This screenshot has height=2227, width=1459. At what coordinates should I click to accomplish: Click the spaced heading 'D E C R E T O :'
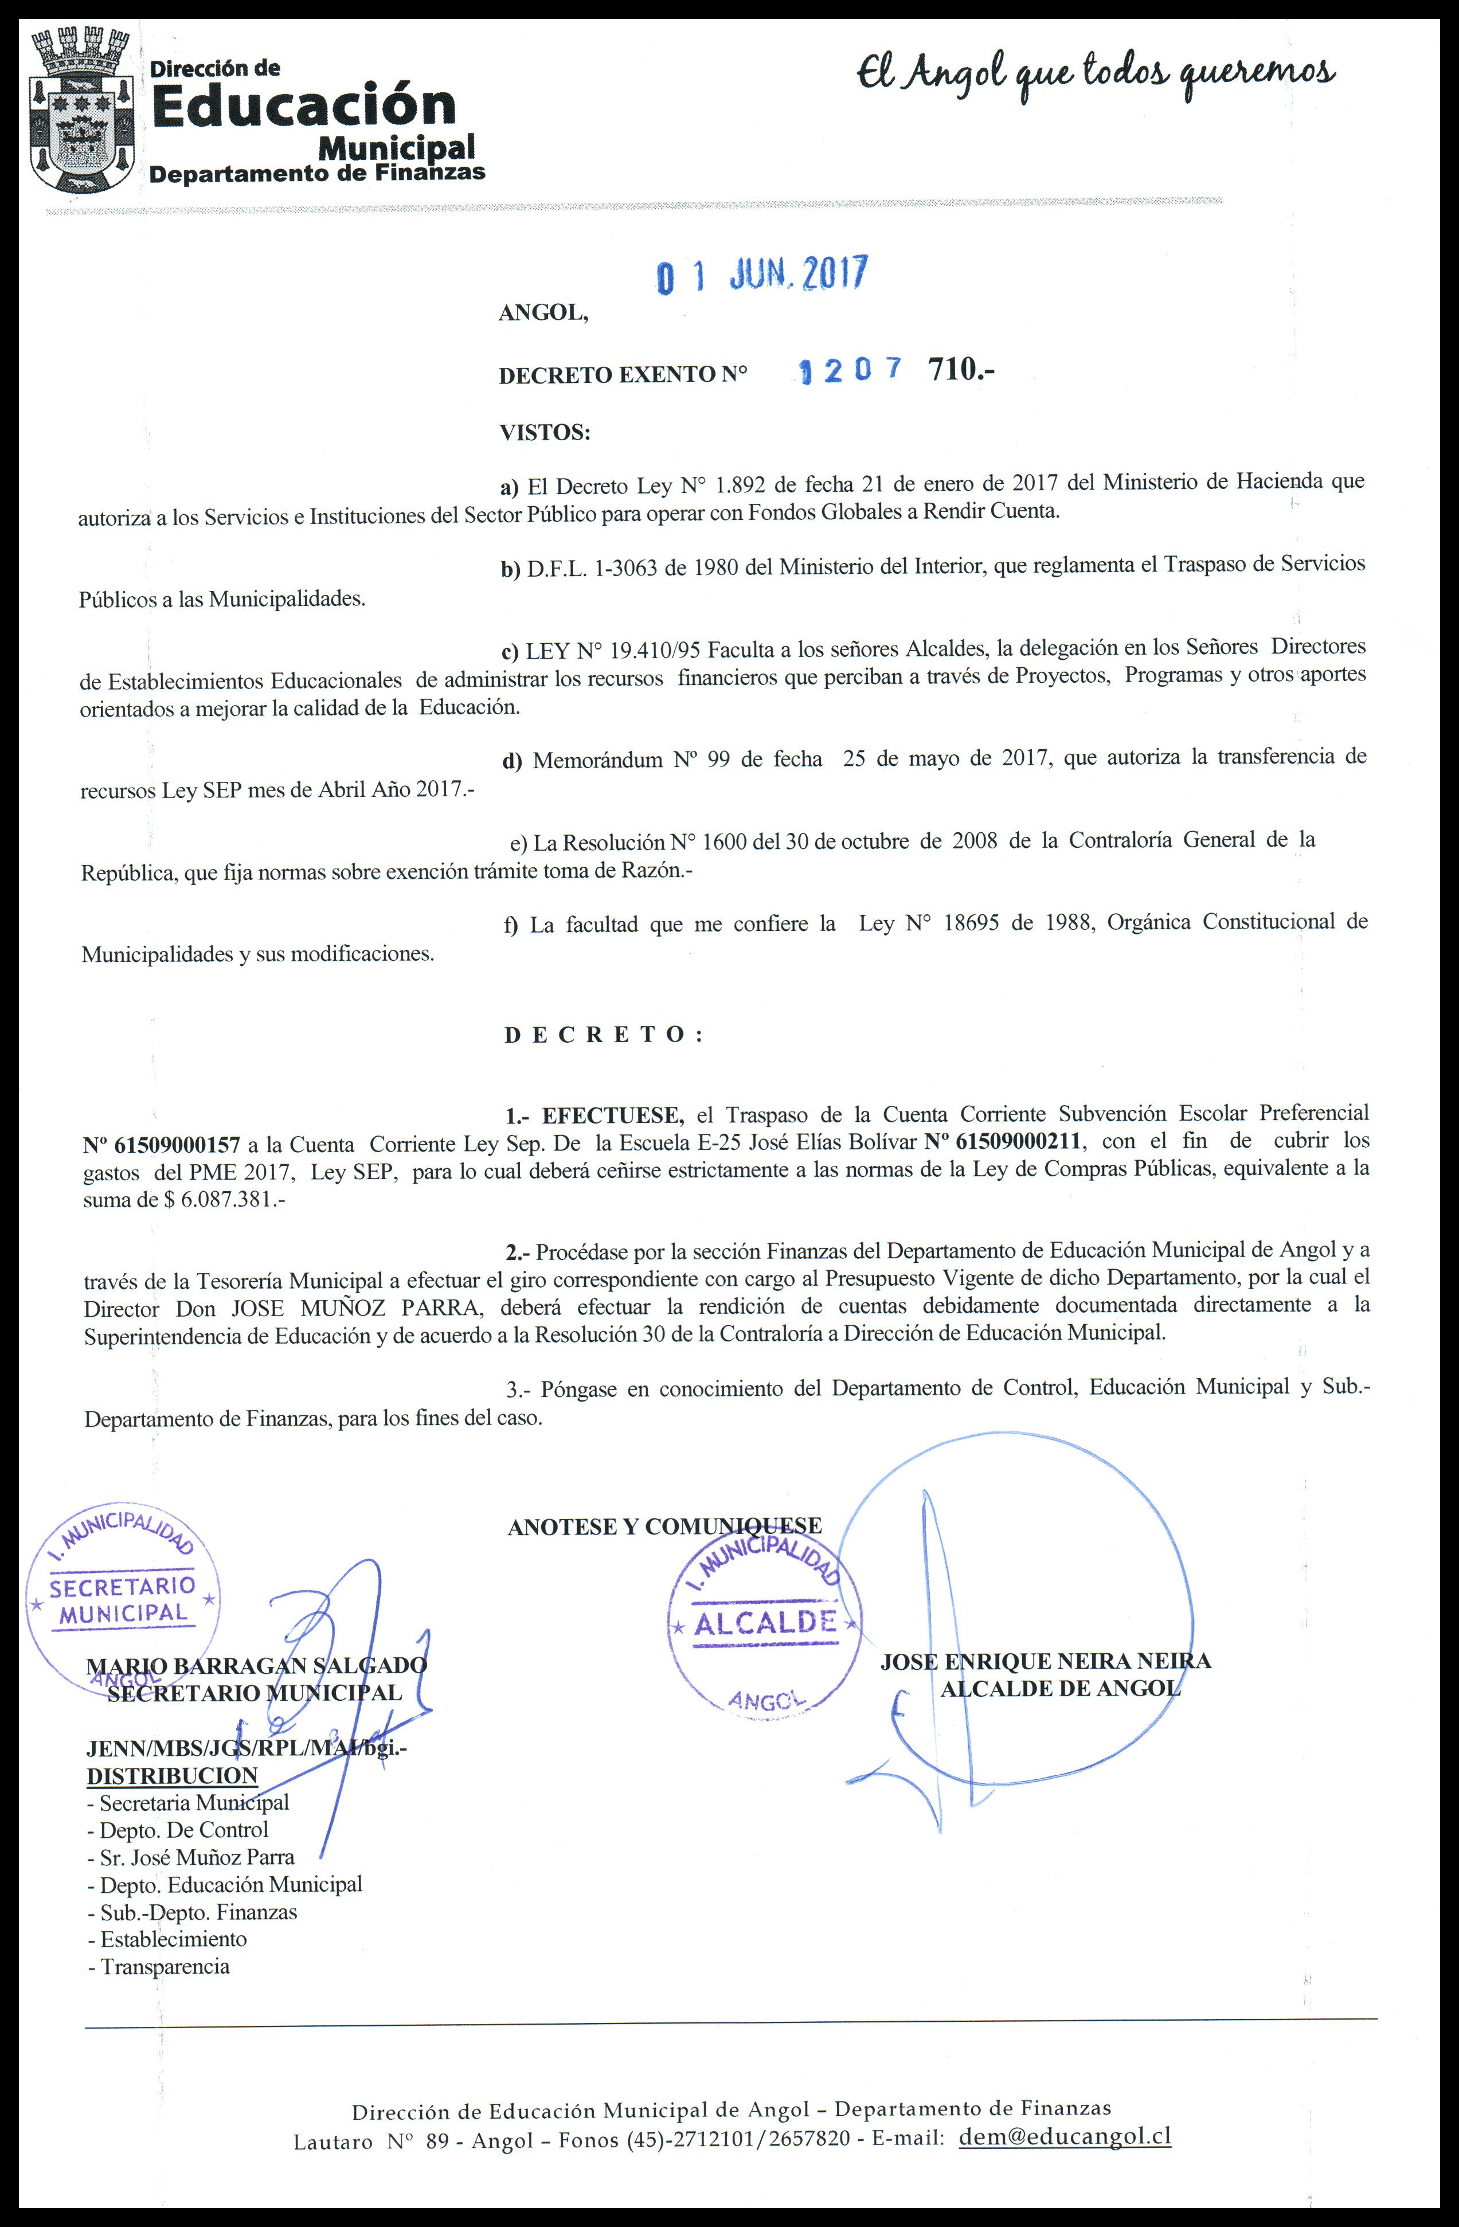click(604, 1035)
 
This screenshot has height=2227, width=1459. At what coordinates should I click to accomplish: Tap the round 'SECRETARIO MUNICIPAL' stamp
click(123, 1598)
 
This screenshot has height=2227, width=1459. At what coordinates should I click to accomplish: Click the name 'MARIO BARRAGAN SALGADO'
click(256, 1666)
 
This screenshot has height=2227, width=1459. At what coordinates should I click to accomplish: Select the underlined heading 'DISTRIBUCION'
click(171, 1776)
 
